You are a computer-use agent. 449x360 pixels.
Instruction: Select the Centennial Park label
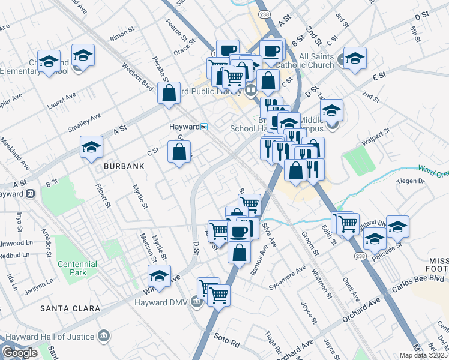click(x=77, y=268)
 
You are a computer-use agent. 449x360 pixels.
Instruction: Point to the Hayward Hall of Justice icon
click(x=104, y=337)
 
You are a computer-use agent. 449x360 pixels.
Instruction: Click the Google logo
click(x=20, y=352)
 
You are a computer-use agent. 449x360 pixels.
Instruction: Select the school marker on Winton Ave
click(x=159, y=277)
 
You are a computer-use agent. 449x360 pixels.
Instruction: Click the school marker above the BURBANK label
click(x=91, y=147)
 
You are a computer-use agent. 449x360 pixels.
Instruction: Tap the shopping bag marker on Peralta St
click(x=169, y=93)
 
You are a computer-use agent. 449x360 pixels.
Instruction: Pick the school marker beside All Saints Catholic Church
click(x=355, y=58)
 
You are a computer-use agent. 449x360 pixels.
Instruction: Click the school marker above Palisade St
click(x=397, y=227)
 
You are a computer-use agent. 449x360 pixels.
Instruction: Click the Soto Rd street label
click(x=227, y=345)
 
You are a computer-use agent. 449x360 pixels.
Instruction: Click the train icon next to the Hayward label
click(x=205, y=127)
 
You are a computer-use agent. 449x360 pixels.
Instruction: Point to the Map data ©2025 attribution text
click(x=424, y=355)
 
